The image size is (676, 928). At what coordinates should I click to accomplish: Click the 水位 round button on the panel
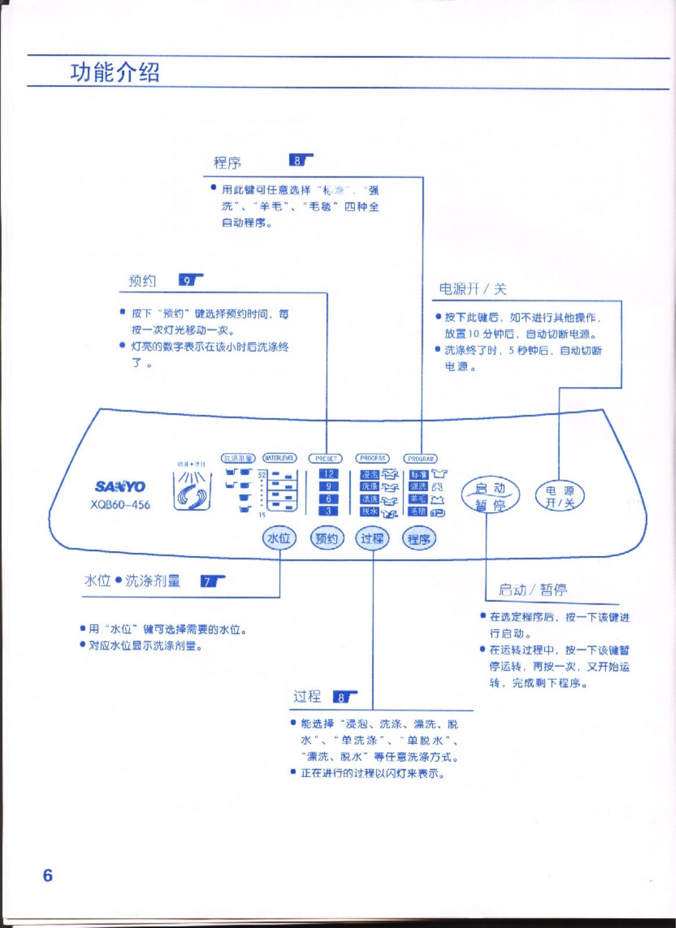click(279, 538)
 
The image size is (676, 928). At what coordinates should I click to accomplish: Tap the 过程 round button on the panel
click(373, 538)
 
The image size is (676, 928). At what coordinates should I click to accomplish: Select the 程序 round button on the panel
click(419, 539)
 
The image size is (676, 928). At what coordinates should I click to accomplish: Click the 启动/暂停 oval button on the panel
click(490, 496)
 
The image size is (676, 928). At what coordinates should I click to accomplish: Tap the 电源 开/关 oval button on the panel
click(559, 496)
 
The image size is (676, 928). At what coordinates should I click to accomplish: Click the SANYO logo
click(120, 486)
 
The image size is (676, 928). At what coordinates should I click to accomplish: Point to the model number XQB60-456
click(120, 505)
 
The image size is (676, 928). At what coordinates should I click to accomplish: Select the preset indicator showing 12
click(328, 474)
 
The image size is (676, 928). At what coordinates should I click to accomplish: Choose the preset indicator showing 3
click(328, 511)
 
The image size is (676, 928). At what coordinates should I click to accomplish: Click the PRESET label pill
click(326, 458)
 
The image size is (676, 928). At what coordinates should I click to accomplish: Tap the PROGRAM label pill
click(421, 458)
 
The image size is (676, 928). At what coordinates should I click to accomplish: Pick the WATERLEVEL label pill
click(280, 458)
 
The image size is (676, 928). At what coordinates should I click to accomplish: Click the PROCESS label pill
click(373, 458)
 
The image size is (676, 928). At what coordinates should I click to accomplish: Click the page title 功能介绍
click(115, 72)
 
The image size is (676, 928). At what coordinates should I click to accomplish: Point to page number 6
click(48, 875)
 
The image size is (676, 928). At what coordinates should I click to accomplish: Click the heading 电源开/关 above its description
click(472, 289)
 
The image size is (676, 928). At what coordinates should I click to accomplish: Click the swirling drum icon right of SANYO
click(192, 491)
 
